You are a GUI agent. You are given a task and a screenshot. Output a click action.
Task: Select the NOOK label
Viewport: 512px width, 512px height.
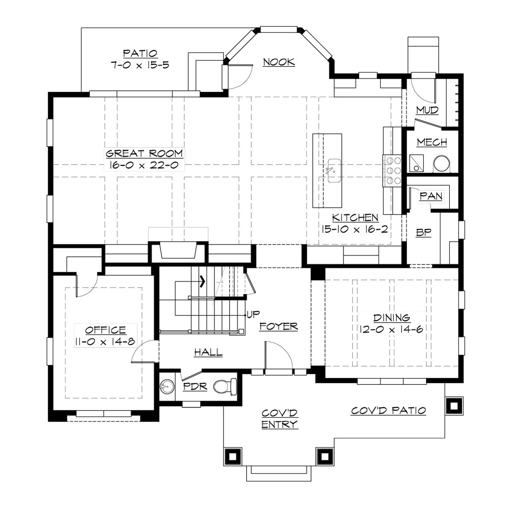click(x=279, y=62)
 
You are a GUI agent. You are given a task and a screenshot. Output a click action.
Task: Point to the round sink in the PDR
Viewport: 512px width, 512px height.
click(x=167, y=387)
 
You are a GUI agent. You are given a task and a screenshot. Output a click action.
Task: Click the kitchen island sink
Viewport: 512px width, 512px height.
click(x=334, y=170)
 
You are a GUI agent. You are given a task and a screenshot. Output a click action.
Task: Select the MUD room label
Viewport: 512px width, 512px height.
click(x=427, y=111)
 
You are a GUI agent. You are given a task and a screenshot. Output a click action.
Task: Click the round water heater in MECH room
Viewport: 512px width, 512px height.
click(x=442, y=162)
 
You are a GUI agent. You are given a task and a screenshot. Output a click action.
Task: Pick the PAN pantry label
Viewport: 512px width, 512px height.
click(x=431, y=196)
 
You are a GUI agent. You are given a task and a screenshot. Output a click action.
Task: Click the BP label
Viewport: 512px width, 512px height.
click(x=424, y=233)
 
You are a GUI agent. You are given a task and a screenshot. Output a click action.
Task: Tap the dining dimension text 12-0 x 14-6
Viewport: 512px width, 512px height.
click(x=392, y=330)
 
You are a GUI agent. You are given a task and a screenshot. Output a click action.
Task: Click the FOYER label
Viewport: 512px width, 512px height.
click(x=278, y=326)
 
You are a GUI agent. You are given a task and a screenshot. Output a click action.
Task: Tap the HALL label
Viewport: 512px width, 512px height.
click(x=208, y=352)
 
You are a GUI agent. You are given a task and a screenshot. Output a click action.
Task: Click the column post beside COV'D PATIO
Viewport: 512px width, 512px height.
click(x=454, y=405)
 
